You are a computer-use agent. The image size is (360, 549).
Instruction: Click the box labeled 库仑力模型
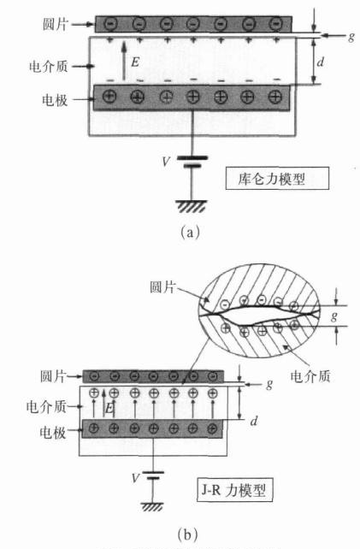pyautogui.click(x=277, y=178)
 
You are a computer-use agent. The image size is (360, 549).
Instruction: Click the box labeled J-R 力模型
pyautogui.click(x=234, y=490)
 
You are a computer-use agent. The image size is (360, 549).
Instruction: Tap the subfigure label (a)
pyautogui.click(x=190, y=232)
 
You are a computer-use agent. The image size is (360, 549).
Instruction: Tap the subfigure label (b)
pyautogui.click(x=188, y=534)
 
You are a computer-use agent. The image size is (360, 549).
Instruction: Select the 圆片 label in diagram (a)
pyautogui.click(x=55, y=24)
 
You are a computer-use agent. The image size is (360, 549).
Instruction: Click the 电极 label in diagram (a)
pyautogui.click(x=55, y=100)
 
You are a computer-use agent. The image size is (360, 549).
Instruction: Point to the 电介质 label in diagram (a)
pyautogui.click(x=48, y=66)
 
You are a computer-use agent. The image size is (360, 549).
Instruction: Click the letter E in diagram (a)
pyautogui.click(x=135, y=62)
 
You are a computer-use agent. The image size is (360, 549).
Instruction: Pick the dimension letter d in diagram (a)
pyautogui.click(x=320, y=62)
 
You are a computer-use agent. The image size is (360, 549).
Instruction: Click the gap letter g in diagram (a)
pyautogui.click(x=351, y=37)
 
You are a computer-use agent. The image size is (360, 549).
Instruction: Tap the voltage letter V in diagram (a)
pyautogui.click(x=166, y=162)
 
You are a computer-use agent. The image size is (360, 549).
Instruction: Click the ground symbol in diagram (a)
pyautogui.click(x=192, y=207)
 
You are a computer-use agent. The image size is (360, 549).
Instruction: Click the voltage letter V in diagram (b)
pyautogui.click(x=135, y=478)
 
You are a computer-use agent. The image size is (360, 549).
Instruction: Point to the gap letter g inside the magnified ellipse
pyautogui.click(x=334, y=316)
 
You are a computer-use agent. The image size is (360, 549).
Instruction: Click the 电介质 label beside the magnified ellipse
pyautogui.click(x=310, y=376)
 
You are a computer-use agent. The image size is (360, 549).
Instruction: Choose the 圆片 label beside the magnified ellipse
pyautogui.click(x=162, y=286)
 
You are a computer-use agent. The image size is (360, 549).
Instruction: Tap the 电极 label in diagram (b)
pyautogui.click(x=53, y=433)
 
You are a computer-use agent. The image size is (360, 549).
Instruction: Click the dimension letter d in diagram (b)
pyautogui.click(x=254, y=421)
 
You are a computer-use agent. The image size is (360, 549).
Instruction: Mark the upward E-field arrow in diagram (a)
pyautogui.click(x=124, y=61)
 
